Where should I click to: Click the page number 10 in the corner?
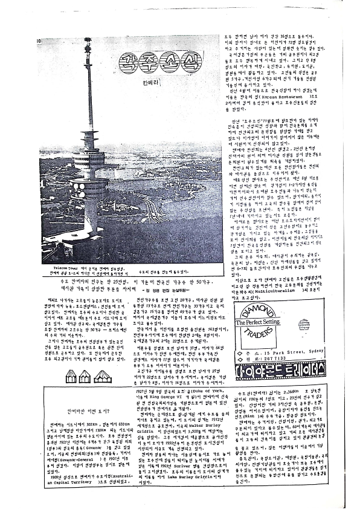pos(39,42)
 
